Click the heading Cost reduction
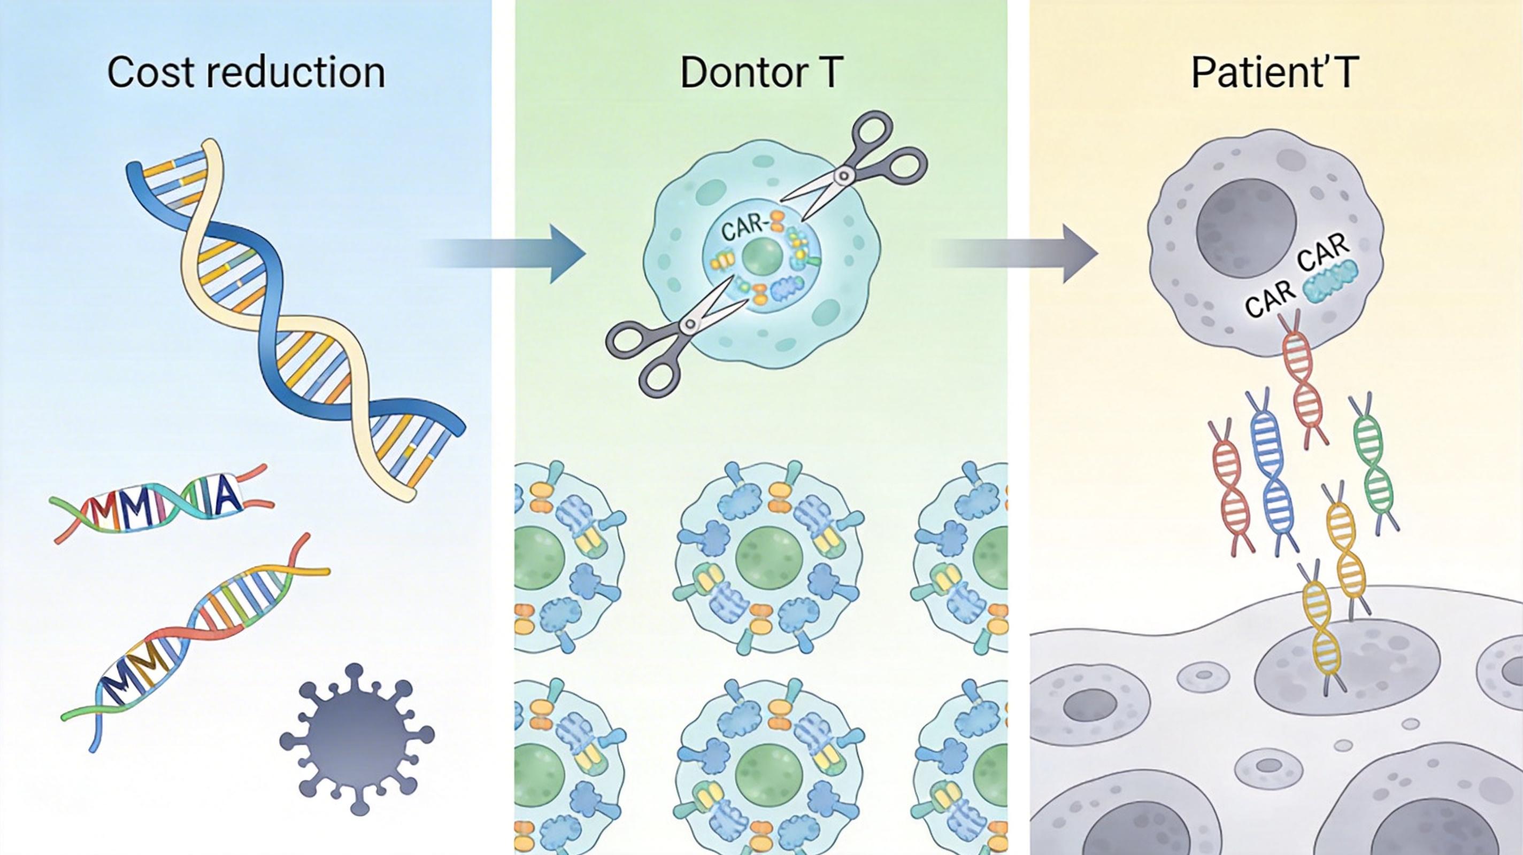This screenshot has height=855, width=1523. click(x=246, y=73)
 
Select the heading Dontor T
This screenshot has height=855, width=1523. click(x=761, y=73)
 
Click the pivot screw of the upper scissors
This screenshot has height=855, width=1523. click(x=845, y=175)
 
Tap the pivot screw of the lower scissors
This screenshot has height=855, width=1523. click(x=689, y=324)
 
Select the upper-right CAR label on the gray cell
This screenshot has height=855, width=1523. click(x=1325, y=251)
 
